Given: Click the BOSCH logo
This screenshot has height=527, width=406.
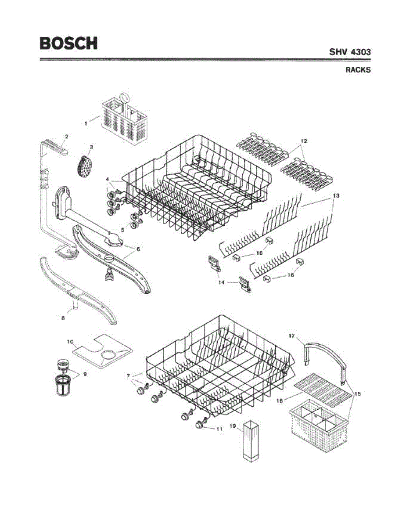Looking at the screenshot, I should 68,43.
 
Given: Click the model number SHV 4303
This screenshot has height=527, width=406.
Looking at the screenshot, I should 350,52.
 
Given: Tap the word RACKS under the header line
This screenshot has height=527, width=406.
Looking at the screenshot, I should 358,70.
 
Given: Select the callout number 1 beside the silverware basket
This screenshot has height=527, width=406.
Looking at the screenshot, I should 86,123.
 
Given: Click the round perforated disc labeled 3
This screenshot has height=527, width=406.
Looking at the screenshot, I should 83,166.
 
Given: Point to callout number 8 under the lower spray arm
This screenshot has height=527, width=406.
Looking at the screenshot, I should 63,318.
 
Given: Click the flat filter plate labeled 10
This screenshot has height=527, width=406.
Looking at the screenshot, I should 102,352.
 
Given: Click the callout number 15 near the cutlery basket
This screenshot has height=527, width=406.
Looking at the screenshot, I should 358,394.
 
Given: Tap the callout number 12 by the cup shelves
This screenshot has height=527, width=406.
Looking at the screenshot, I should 303,141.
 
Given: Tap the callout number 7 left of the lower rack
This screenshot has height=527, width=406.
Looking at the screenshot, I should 128,376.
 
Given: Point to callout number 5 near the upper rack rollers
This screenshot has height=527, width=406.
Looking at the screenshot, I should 123,229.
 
